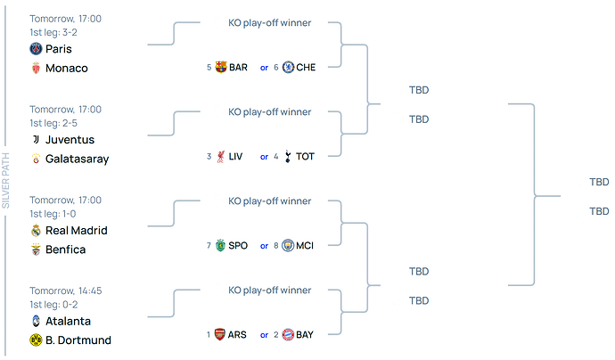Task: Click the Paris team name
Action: pyautogui.click(x=59, y=49)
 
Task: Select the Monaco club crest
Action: pyautogui.click(x=36, y=69)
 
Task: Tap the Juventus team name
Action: pyautogui.click(x=70, y=140)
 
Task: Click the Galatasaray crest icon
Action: pyautogui.click(x=36, y=159)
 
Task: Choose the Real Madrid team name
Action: pyautogui.click(x=77, y=231)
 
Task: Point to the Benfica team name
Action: pyautogui.click(x=65, y=250)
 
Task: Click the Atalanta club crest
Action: pyautogui.click(x=36, y=321)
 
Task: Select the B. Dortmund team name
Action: pyautogui.click(x=78, y=340)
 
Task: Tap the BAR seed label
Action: pyautogui.click(x=238, y=67)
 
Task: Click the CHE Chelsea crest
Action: pyautogui.click(x=288, y=67)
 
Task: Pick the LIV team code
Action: pyautogui.click(x=235, y=157)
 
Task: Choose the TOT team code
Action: pyautogui.click(x=305, y=157)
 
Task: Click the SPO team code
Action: pyautogui.click(x=238, y=246)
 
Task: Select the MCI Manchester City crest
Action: pyautogui.click(x=288, y=246)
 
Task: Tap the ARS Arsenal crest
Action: pyautogui.click(x=221, y=334)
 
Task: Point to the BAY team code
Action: pyautogui.click(x=305, y=334)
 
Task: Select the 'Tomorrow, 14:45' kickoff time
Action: pyautogui.click(x=65, y=290)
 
